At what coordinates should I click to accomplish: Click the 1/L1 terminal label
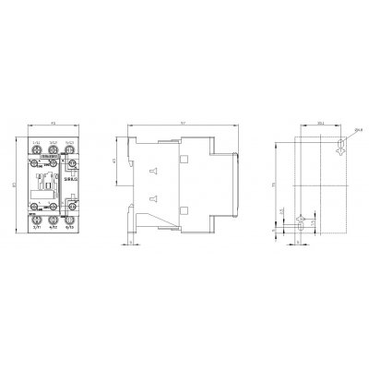click(35, 142)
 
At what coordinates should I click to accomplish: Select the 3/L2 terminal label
click(54, 142)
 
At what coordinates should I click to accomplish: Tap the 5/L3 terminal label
click(70, 142)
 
